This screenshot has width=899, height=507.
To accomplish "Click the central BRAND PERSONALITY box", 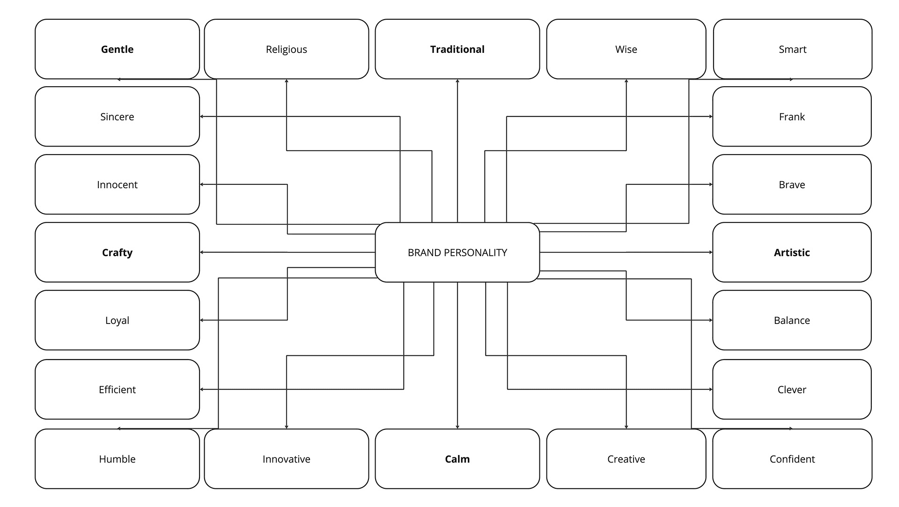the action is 457,252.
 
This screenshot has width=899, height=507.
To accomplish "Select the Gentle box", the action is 117,49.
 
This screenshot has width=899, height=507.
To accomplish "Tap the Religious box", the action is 286,49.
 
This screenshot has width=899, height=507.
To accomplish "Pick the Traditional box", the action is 457,49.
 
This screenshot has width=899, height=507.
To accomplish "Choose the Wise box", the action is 626,49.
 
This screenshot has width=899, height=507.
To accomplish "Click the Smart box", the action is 792,49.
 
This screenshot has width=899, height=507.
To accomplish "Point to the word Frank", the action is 792,117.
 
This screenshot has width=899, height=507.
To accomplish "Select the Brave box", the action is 792,184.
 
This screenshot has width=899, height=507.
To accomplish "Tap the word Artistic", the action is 792,252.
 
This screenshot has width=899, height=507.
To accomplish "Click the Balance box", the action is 792,320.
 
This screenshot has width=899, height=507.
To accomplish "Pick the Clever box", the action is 792,389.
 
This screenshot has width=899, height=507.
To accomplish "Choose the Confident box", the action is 792,459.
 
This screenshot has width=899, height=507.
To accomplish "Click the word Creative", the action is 626,459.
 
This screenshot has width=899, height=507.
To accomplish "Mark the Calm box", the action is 457,459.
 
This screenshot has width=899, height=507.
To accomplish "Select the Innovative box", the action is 286,459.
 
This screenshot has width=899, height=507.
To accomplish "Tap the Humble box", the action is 117,459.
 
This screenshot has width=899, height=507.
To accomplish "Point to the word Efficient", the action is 117,389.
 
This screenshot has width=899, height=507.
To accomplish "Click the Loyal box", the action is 117,320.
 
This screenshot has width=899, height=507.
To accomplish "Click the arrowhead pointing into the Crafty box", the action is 202,252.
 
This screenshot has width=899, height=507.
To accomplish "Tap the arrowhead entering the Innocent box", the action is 202,184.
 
